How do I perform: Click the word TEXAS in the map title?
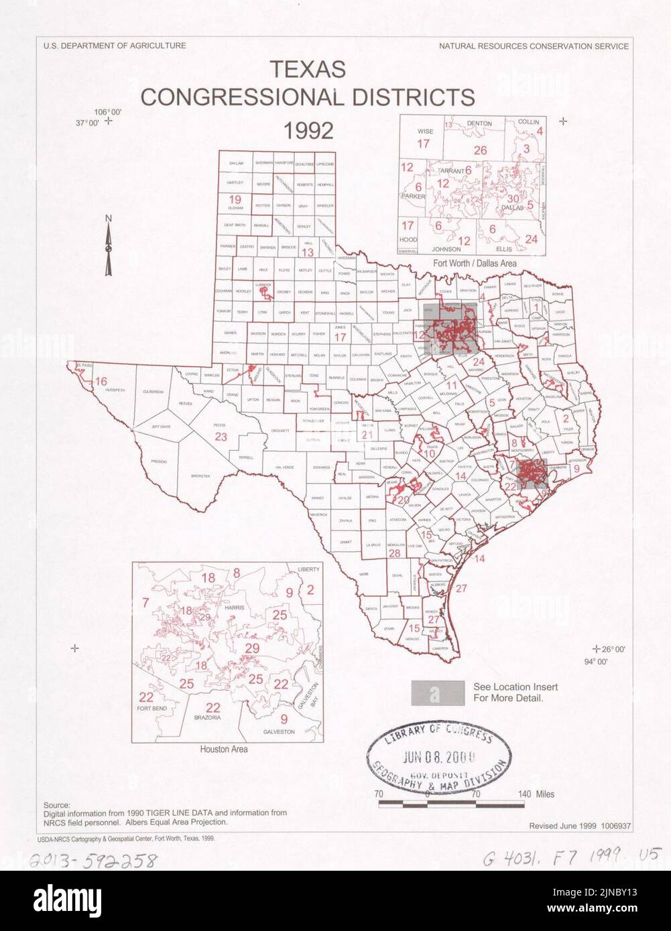click(x=308, y=69)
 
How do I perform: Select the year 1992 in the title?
click(x=308, y=130)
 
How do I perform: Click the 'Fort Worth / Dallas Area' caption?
click(x=474, y=263)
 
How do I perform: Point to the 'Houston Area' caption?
click(x=223, y=749)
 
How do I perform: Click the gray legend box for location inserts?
click(x=437, y=693)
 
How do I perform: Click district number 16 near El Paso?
click(x=101, y=382)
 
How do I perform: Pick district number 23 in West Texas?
click(x=221, y=437)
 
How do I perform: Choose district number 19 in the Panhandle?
click(x=235, y=200)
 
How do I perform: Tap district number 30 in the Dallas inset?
click(x=513, y=198)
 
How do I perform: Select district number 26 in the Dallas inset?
click(x=480, y=150)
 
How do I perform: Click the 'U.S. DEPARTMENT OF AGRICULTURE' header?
click(x=115, y=46)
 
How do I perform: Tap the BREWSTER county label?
click(x=200, y=476)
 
